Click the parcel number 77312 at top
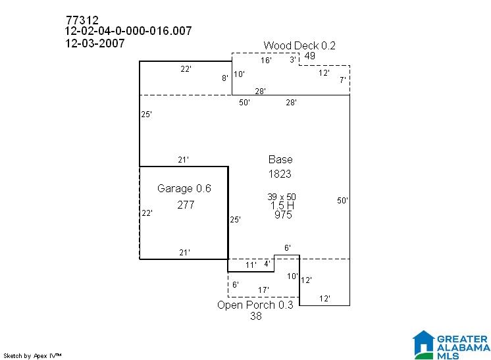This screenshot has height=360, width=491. pyautogui.click(x=82, y=20)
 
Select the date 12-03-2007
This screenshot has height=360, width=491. pyautogui.click(x=95, y=43)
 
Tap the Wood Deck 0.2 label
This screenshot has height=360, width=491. pyautogui.click(x=299, y=45)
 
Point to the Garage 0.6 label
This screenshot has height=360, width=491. pyautogui.click(x=184, y=188)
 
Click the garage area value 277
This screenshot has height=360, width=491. pyautogui.click(x=186, y=205)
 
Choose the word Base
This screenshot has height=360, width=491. pyautogui.click(x=280, y=160)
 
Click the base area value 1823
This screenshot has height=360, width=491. pyautogui.click(x=280, y=174)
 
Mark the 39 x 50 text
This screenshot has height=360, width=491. pyautogui.click(x=282, y=197)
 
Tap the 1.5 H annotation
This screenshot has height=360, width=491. pyautogui.click(x=282, y=206)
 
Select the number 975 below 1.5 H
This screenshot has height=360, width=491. pyautogui.click(x=283, y=215)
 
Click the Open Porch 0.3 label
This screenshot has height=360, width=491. pyautogui.click(x=255, y=305)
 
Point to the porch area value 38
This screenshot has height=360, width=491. pyautogui.click(x=256, y=316)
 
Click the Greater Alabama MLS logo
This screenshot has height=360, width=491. pyautogui.click(x=452, y=345)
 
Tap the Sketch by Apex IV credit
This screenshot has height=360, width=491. pyautogui.click(x=32, y=356)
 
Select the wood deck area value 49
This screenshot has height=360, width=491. pyautogui.click(x=310, y=56)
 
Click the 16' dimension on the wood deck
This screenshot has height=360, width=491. pyautogui.click(x=266, y=60)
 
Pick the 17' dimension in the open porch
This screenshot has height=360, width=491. pyautogui.click(x=263, y=290)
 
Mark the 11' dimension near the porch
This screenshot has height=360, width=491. pyautogui.click(x=251, y=265)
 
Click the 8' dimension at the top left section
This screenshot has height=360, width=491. pyautogui.click(x=225, y=78)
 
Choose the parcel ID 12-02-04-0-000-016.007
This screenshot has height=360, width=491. pyautogui.click(x=128, y=31)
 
